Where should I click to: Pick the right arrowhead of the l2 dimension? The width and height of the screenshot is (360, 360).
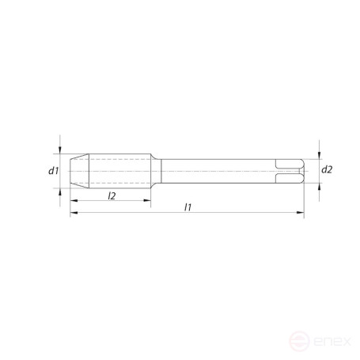pyautogui.click(x=149, y=201)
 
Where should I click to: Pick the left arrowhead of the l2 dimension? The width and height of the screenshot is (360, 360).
pyautogui.click(x=73, y=201)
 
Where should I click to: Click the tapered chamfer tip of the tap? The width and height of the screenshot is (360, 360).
pyautogui.click(x=78, y=170)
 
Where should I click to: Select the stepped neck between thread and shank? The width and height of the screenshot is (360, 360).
pyautogui.click(x=157, y=170)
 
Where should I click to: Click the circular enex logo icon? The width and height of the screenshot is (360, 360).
pyautogui.click(x=299, y=343)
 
